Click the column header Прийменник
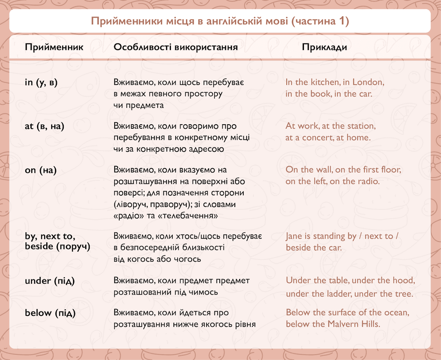(54, 47)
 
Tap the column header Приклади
(325, 47)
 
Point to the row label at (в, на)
(44, 126)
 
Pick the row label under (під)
(50, 281)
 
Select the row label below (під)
(50, 313)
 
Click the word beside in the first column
(39, 246)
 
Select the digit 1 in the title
(341, 21)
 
